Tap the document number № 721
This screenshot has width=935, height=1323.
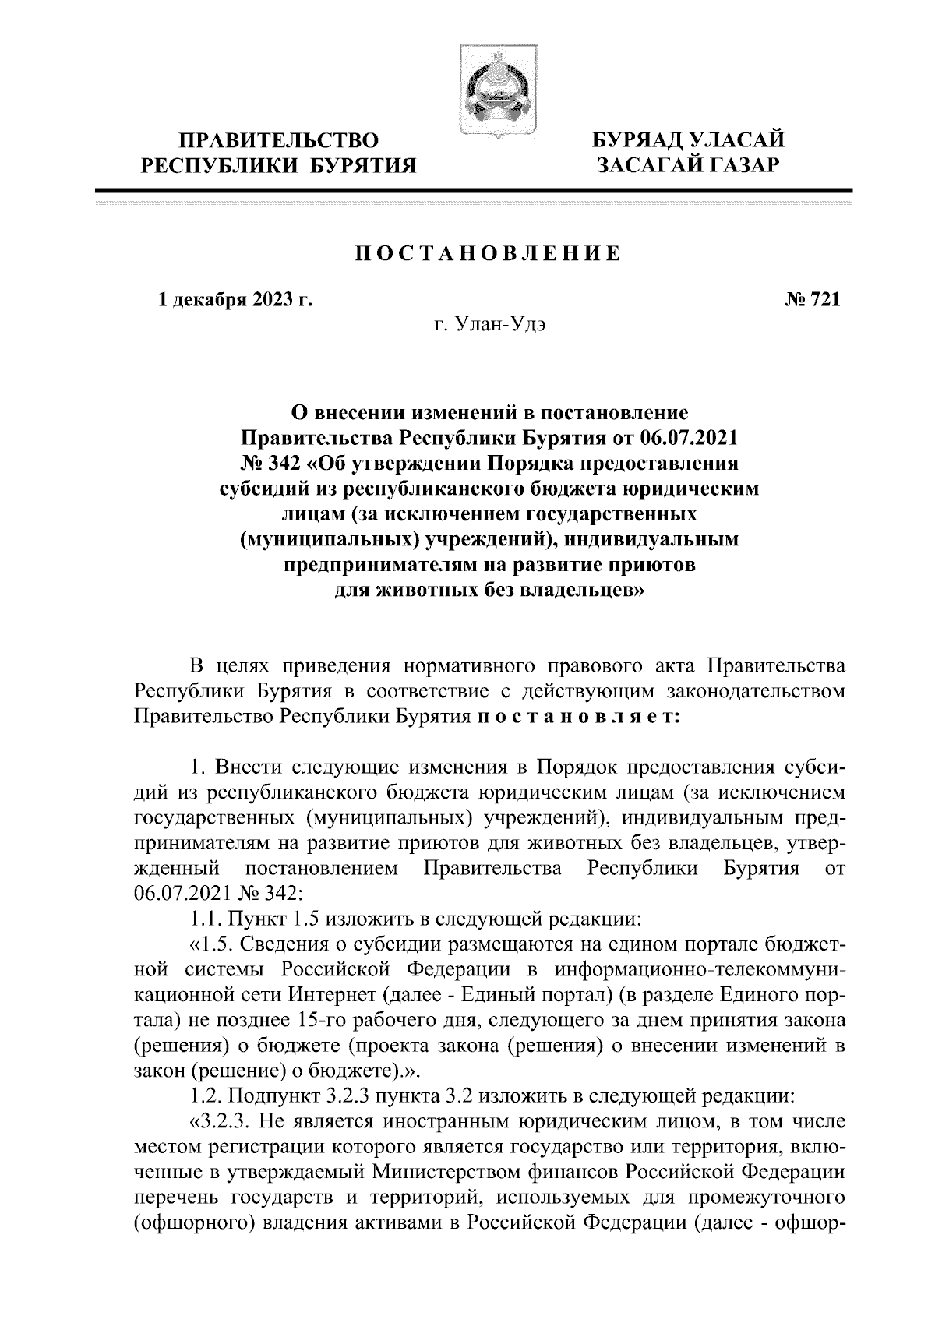point(811,299)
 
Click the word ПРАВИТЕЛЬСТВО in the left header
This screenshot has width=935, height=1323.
point(279,141)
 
